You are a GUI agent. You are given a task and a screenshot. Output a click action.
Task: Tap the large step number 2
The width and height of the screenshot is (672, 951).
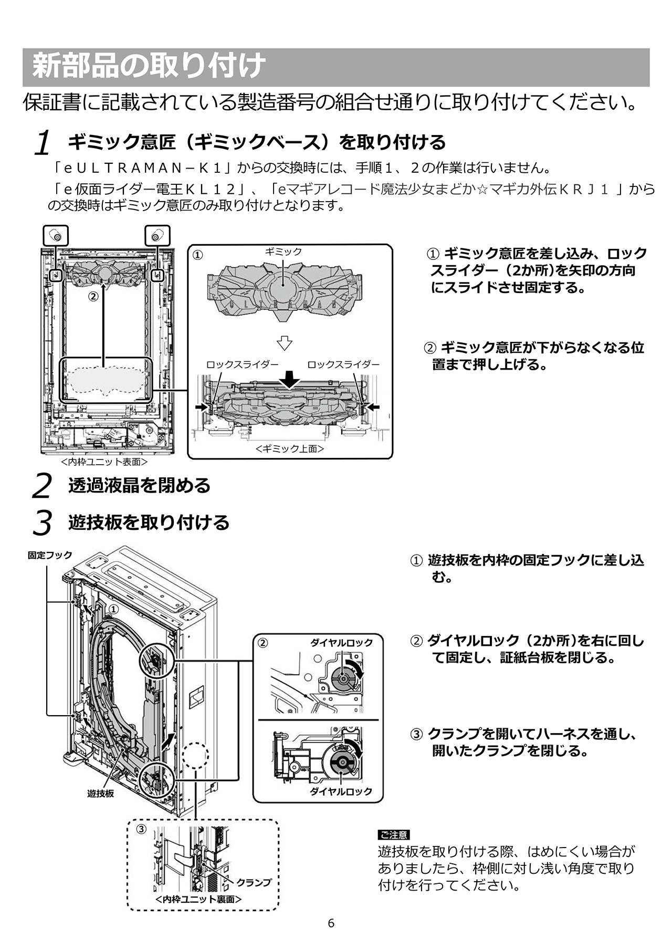(42, 486)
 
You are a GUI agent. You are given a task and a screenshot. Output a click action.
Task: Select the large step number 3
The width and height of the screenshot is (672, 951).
(42, 523)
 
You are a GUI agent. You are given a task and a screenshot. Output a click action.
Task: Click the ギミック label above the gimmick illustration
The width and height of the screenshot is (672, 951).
(283, 252)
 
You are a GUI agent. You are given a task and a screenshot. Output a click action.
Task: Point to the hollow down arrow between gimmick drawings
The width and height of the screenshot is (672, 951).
(285, 343)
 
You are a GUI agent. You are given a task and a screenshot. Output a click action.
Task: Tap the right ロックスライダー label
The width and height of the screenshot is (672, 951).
(343, 364)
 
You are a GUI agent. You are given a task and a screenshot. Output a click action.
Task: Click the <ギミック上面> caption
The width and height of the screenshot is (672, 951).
(290, 449)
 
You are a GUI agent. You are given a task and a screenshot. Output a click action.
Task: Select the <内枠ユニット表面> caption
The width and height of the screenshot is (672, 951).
(104, 462)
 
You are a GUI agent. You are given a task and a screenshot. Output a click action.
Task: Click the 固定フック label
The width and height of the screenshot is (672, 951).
(50, 555)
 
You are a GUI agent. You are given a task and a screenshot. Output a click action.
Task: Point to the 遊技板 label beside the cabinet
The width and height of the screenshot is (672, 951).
(100, 793)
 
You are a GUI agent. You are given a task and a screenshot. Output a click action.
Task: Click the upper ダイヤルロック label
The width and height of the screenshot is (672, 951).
(341, 642)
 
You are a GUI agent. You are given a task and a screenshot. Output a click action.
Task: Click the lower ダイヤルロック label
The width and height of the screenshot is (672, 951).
(341, 791)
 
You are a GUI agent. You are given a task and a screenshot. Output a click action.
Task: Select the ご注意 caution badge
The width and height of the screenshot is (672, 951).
(393, 835)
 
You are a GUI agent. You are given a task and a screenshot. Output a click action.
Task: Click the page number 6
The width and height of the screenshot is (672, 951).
(331, 923)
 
